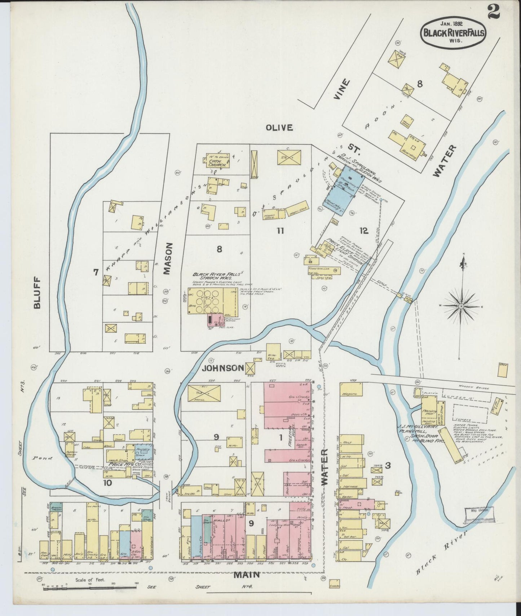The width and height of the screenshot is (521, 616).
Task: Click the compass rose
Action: click(460, 306)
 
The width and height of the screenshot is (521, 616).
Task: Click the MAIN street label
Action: click(247, 575)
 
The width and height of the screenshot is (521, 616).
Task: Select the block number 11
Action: click(280, 231)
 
